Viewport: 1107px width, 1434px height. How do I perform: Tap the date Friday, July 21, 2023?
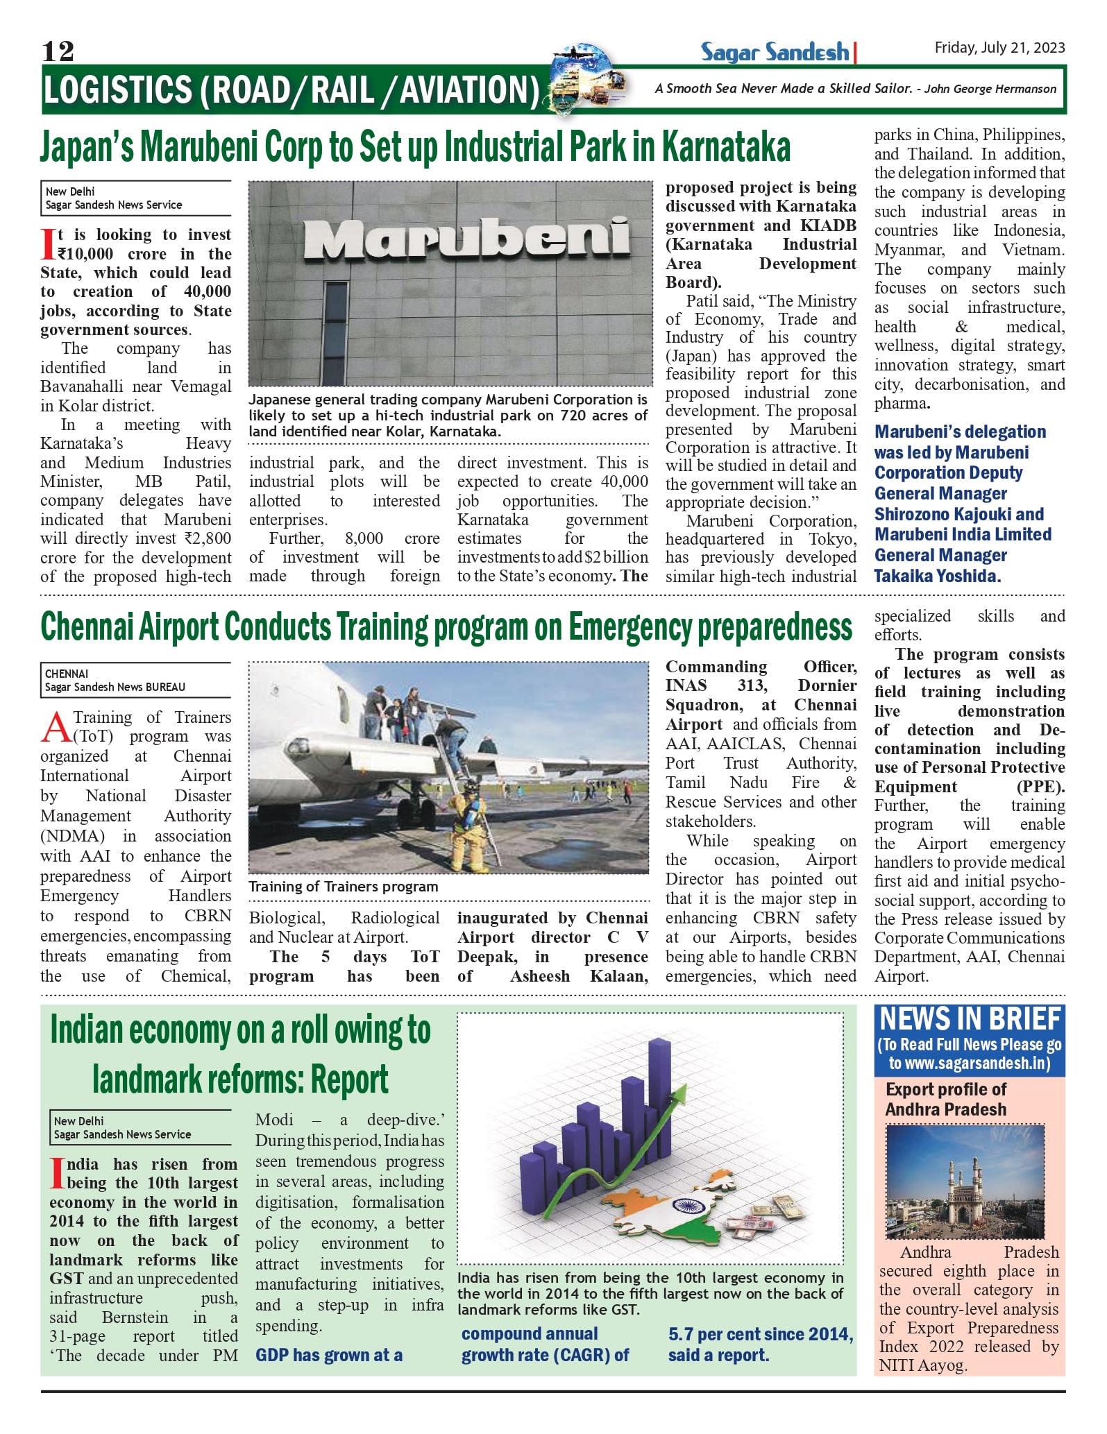999,47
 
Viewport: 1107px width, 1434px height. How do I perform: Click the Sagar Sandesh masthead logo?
775,52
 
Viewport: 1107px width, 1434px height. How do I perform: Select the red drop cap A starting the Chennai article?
56,726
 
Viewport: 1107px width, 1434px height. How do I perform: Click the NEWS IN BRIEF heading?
970,1019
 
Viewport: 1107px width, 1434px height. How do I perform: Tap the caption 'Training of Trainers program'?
344,887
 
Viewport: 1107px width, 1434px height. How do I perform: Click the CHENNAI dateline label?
67,674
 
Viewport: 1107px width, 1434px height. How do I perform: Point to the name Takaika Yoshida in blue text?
937,576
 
